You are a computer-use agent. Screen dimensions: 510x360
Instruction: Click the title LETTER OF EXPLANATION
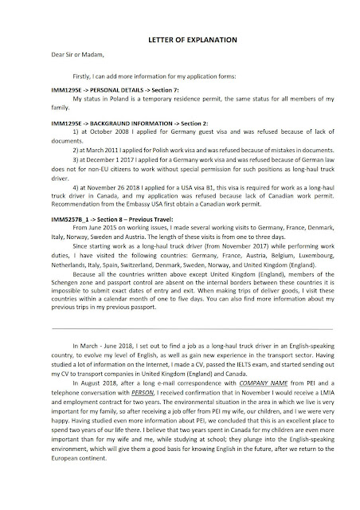pos(179,39)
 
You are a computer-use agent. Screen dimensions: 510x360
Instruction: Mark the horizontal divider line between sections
pos(179,351)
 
